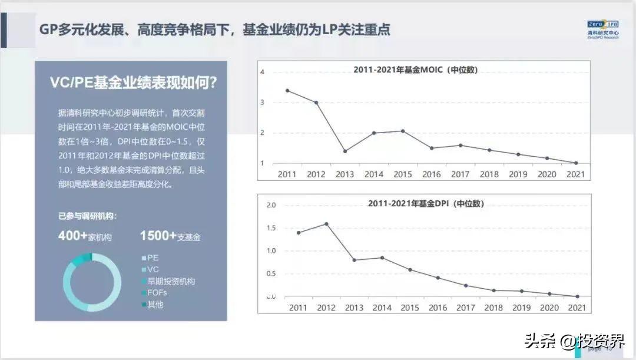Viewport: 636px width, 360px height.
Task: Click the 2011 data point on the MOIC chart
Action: click(x=287, y=91)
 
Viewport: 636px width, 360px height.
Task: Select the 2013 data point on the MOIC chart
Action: click(x=344, y=151)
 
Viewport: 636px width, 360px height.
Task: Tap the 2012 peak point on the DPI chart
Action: click(x=326, y=224)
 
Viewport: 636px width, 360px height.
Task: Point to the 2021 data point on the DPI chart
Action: click(x=577, y=296)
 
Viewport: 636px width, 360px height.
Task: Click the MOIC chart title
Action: click(x=415, y=70)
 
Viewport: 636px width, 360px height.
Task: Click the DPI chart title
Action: click(x=426, y=204)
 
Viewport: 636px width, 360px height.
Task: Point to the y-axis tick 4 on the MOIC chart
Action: click(x=263, y=72)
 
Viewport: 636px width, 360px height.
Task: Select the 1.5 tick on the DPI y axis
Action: click(x=271, y=228)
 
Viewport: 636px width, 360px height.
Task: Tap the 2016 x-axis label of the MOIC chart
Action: click(x=431, y=174)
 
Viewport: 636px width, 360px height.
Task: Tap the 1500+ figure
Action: click(x=158, y=236)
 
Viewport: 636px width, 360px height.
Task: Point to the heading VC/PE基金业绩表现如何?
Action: click(x=133, y=83)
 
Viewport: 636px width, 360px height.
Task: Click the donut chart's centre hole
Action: click(x=92, y=282)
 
